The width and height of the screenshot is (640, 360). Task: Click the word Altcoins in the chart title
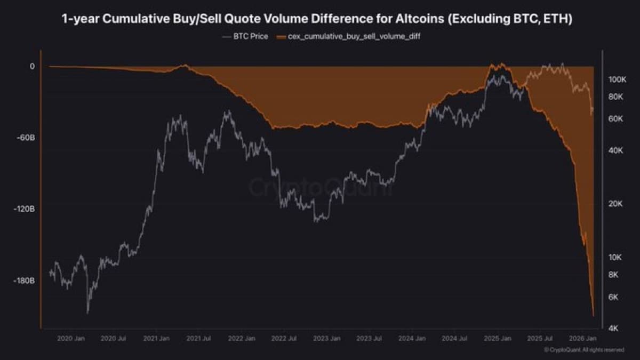[415, 20]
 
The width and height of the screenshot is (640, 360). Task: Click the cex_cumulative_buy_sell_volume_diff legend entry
[346, 37]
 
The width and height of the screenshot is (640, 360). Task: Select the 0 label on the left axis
[32, 66]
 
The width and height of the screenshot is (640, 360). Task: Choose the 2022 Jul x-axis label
[284, 338]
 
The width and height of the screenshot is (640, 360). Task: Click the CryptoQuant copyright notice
[583, 350]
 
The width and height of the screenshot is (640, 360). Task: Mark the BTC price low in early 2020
[87, 312]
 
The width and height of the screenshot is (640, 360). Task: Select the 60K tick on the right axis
[616, 118]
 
